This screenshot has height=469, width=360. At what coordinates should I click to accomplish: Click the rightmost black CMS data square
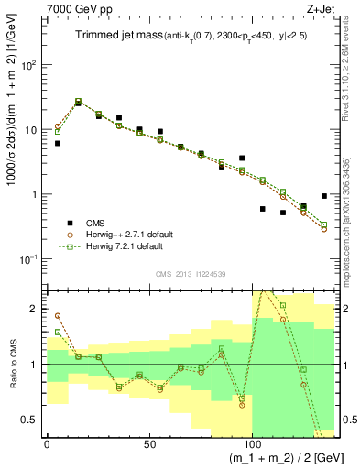pyautogui.click(x=324, y=196)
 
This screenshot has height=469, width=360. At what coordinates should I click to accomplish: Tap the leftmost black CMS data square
pyautogui.click(x=58, y=143)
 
